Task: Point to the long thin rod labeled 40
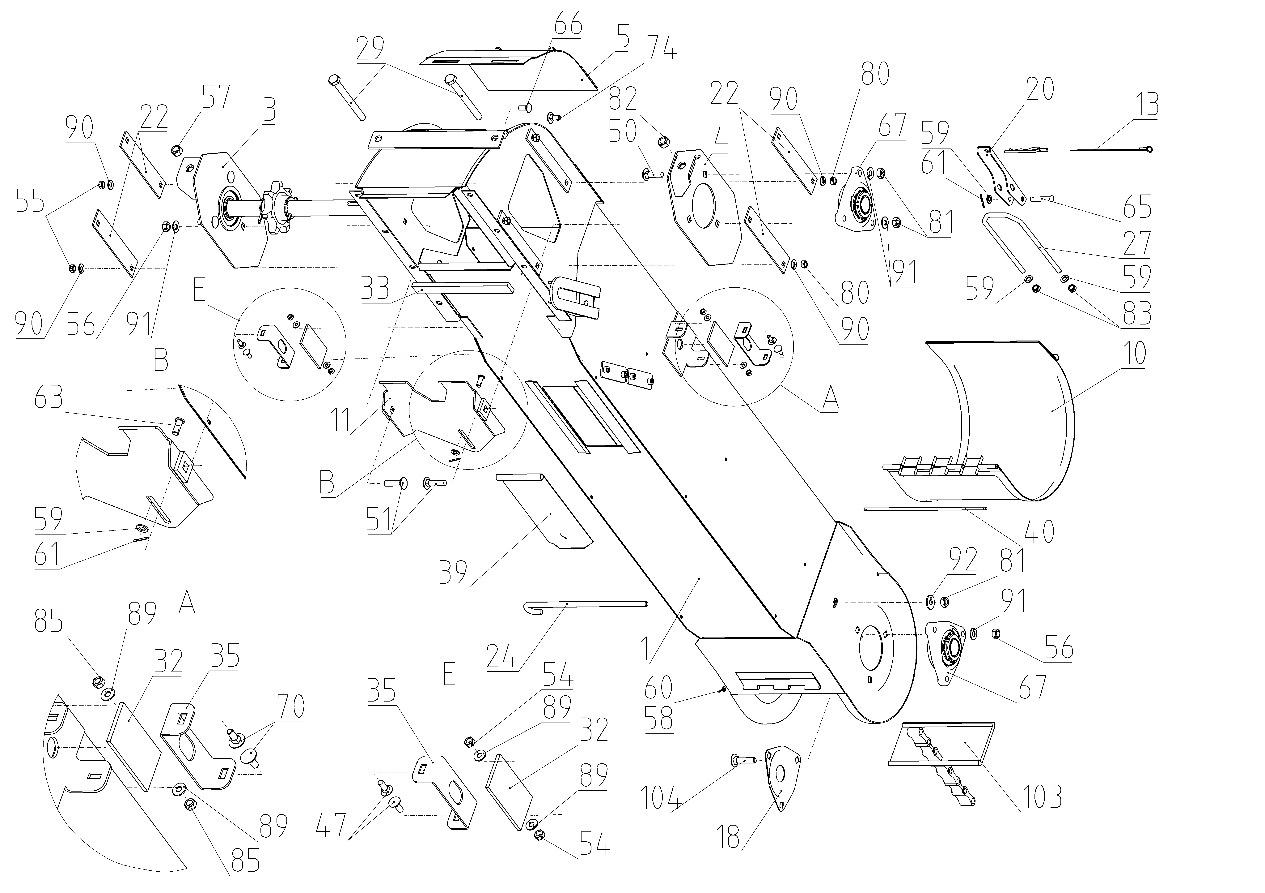[x=926, y=509]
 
